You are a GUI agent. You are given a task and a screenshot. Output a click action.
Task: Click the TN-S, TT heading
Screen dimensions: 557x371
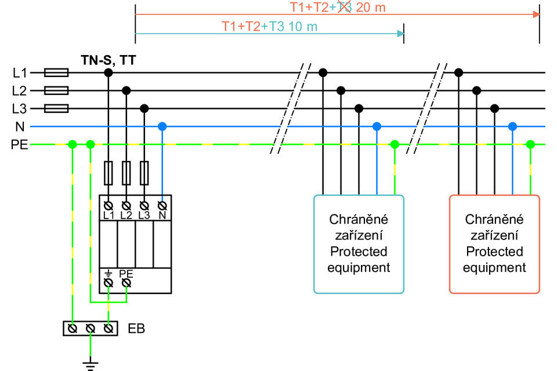(x=108, y=60)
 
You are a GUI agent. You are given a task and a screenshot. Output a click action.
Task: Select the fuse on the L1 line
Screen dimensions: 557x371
(x=56, y=73)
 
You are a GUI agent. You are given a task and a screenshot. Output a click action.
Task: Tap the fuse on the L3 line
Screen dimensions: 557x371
(x=56, y=108)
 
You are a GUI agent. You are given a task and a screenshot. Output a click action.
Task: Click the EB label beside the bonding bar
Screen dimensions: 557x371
(x=136, y=329)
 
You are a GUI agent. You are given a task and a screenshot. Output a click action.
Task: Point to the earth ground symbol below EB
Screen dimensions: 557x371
(x=91, y=366)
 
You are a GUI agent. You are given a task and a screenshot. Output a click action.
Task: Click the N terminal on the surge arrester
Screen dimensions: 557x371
(x=162, y=206)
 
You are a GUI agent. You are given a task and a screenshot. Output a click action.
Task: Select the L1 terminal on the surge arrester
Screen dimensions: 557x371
(x=108, y=206)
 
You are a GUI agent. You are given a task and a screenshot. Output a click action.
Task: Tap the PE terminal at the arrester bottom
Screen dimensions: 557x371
(x=126, y=283)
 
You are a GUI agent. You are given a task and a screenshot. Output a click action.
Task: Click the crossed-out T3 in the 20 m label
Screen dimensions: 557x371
(x=344, y=7)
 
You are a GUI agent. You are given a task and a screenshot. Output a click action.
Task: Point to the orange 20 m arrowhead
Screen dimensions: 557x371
(x=536, y=14)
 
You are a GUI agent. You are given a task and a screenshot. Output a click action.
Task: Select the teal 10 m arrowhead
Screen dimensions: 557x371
(x=401, y=34)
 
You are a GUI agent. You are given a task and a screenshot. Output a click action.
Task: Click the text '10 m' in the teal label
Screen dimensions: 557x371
(x=302, y=27)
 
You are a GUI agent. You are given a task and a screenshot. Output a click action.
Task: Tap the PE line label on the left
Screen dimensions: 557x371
(x=19, y=144)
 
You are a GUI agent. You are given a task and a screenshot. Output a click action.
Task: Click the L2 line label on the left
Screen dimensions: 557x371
(x=19, y=90)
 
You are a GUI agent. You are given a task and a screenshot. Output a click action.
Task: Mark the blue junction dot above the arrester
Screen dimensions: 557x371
(x=162, y=126)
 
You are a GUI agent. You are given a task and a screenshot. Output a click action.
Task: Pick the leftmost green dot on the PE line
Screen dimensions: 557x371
(x=73, y=144)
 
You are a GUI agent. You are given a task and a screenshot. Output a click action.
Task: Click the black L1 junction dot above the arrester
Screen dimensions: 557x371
(x=108, y=73)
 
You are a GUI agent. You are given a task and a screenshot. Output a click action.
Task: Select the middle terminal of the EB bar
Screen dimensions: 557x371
(x=91, y=329)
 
